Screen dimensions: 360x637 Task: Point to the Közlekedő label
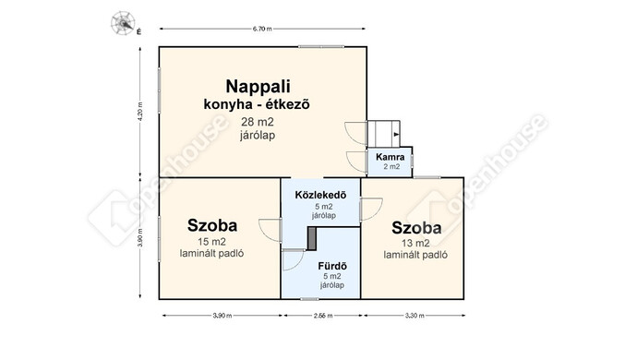point(319,195)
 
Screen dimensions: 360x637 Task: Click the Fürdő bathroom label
point(332,266)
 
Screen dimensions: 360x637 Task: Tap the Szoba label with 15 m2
point(211,224)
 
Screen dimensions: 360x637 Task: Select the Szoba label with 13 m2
point(415,227)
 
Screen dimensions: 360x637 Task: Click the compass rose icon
point(121,20)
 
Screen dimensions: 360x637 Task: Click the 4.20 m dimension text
point(138,112)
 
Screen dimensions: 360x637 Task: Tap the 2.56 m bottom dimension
point(320,317)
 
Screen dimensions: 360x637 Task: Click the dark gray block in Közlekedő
point(312,237)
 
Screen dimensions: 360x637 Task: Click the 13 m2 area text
point(415,243)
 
